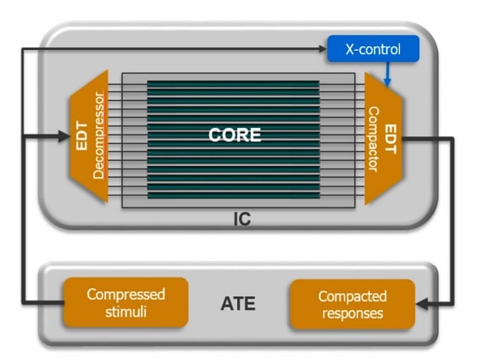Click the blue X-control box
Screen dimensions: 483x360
pyautogui.click(x=373, y=48)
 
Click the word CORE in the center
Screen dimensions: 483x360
pyautogui.click(x=235, y=135)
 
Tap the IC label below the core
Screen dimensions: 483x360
pyautogui.click(x=242, y=219)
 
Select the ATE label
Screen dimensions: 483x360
pyautogui.click(x=238, y=303)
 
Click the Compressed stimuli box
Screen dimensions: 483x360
pyautogui.click(x=125, y=302)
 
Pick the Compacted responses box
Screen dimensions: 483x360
pyautogui.click(x=353, y=304)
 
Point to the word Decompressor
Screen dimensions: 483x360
pyautogui.click(x=98, y=136)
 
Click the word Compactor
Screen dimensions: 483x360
pyautogui.click(x=374, y=139)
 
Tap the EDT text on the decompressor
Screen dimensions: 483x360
pyautogui.click(x=82, y=136)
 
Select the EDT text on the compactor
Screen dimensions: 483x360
pyautogui.click(x=391, y=139)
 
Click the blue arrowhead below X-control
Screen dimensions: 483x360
pyautogui.click(x=387, y=81)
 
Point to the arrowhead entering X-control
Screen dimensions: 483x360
pyautogui.click(x=322, y=48)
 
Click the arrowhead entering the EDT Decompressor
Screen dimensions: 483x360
pyautogui.click(x=64, y=136)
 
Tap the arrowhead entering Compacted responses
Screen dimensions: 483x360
pyautogui.click(x=421, y=304)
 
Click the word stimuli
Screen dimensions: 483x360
pyautogui.click(x=125, y=312)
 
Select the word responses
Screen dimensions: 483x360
pyautogui.click(x=353, y=313)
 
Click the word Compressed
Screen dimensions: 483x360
pyautogui.click(x=125, y=295)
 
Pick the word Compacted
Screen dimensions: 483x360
pyautogui.click(x=353, y=296)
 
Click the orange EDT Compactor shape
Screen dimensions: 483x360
pyautogui.click(x=384, y=139)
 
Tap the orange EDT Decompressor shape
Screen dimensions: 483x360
pyautogui.click(x=89, y=136)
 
